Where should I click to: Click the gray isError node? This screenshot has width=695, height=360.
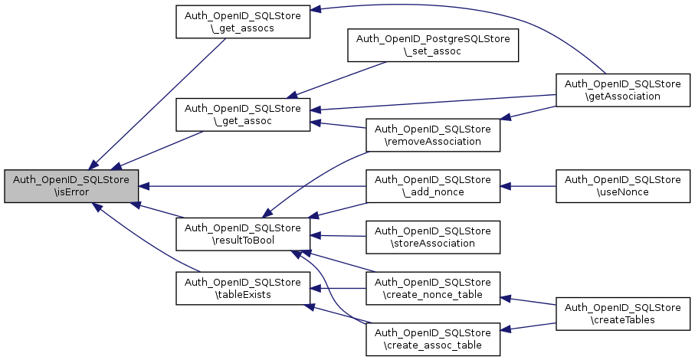71,185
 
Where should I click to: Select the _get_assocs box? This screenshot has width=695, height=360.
242,21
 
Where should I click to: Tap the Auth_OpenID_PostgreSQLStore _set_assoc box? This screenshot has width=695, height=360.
433,46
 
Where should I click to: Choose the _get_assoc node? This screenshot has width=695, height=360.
242,113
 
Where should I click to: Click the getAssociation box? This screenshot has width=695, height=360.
622,90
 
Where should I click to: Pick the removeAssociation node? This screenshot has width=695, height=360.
433,135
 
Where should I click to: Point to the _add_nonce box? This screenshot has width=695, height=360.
433,185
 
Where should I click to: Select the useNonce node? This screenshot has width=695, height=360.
622,185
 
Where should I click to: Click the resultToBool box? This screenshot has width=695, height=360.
242,234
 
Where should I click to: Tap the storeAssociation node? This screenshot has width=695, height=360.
433,237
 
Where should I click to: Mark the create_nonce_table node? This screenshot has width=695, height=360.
433,288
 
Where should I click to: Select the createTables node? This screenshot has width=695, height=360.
622,313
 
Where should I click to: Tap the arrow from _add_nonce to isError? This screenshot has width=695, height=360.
253,185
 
